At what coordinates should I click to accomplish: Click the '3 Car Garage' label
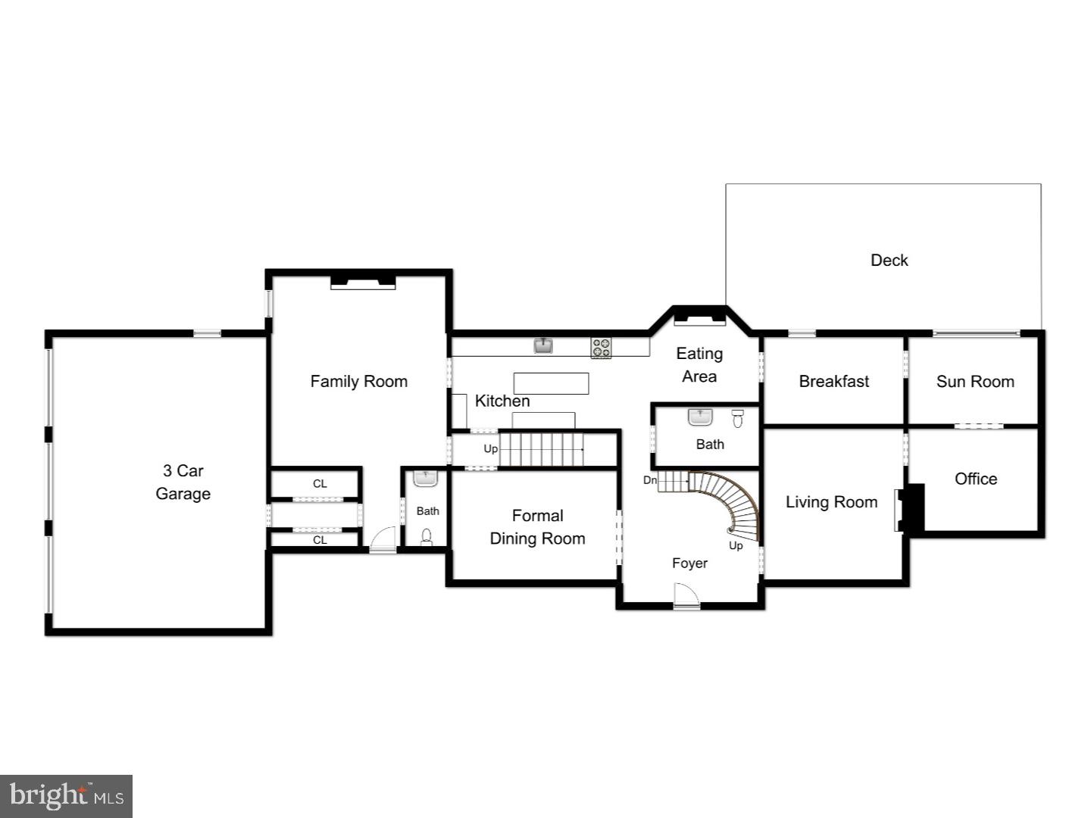tap(183, 482)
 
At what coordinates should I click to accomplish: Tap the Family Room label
tap(358, 381)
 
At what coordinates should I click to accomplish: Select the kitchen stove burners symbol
tap(601, 348)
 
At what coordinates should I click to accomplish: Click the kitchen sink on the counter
tap(542, 346)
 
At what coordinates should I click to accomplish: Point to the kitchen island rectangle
tap(551, 383)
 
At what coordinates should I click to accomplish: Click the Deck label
tap(889, 260)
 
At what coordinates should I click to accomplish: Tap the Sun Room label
tap(974, 381)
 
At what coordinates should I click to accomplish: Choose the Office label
tap(975, 479)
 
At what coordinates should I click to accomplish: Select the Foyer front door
tap(686, 596)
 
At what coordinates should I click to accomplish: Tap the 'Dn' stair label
tap(649, 480)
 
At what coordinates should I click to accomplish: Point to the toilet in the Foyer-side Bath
tap(738, 418)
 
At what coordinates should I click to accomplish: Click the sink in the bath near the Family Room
tap(425, 479)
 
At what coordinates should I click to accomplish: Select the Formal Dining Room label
tap(537, 527)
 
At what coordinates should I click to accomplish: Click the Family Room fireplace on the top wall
tap(363, 282)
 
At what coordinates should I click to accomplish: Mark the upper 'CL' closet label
tap(320, 483)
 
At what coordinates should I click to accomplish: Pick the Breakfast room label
tap(833, 381)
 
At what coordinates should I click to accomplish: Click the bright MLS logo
tap(67, 796)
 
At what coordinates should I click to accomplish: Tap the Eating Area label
tap(699, 364)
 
